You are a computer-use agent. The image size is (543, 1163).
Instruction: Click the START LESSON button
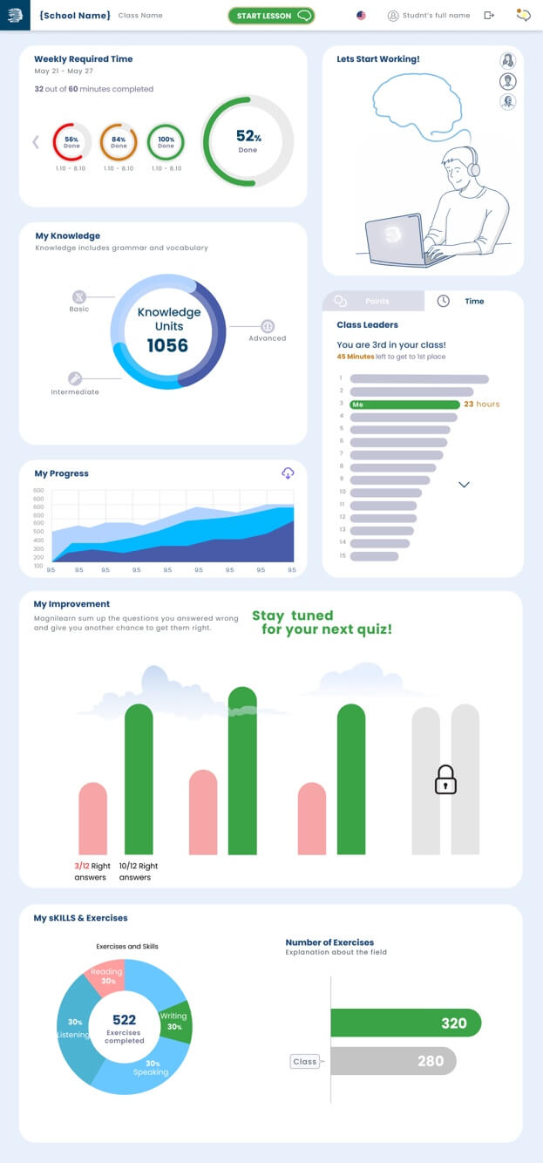pyautogui.click(x=270, y=16)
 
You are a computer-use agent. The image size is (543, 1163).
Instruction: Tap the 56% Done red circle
pyautogui.click(x=71, y=142)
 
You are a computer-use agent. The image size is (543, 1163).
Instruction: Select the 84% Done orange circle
pyautogui.click(x=119, y=142)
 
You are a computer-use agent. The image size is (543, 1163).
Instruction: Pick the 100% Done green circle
pyautogui.click(x=166, y=142)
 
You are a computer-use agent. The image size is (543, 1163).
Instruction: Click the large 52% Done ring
pyautogui.click(x=248, y=140)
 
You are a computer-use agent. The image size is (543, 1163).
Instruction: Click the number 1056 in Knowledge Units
pyautogui.click(x=167, y=346)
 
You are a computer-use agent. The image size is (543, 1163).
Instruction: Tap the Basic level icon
pyautogui.click(x=79, y=296)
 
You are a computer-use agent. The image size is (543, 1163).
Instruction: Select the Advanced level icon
pyautogui.click(x=268, y=326)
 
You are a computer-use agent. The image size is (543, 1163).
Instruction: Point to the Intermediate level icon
pyautogui.click(x=75, y=378)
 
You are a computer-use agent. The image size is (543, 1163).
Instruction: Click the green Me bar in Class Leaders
pyautogui.click(x=404, y=405)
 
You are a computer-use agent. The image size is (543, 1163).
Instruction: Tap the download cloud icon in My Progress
pyautogui.click(x=288, y=473)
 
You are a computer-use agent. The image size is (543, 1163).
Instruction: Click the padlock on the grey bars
pyautogui.click(x=445, y=779)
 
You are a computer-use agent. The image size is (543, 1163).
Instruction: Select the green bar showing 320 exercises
pyautogui.click(x=405, y=1023)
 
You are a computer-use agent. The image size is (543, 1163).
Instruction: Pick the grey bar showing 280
pyautogui.click(x=393, y=1061)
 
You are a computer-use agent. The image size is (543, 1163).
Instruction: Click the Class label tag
pyautogui.click(x=305, y=1061)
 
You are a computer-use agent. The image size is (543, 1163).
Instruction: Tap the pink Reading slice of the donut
pyautogui.click(x=105, y=977)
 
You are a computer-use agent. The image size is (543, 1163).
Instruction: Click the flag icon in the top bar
pyautogui.click(x=362, y=16)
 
